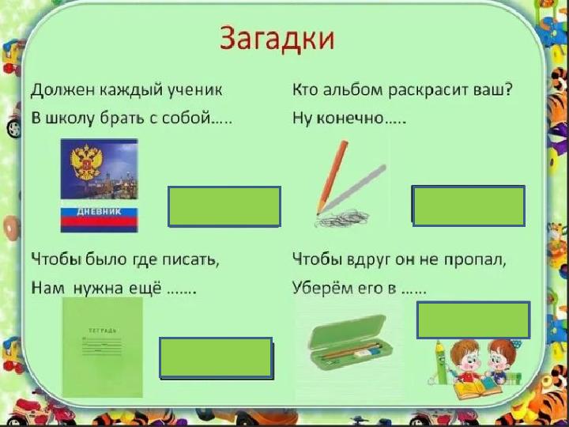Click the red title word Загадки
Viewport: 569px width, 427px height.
(x=277, y=39)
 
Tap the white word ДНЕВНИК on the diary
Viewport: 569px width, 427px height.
(x=99, y=212)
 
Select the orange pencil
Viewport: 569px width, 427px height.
(x=332, y=177)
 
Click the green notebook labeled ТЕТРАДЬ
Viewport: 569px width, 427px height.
(x=103, y=347)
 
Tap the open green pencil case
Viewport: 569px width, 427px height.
(x=350, y=342)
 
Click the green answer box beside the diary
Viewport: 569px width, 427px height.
(x=224, y=206)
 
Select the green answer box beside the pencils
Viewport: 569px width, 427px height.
(x=469, y=206)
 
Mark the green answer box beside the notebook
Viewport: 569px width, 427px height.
(x=216, y=358)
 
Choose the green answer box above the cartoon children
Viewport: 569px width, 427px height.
(x=473, y=320)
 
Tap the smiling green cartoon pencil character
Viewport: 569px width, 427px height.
(x=441, y=362)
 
